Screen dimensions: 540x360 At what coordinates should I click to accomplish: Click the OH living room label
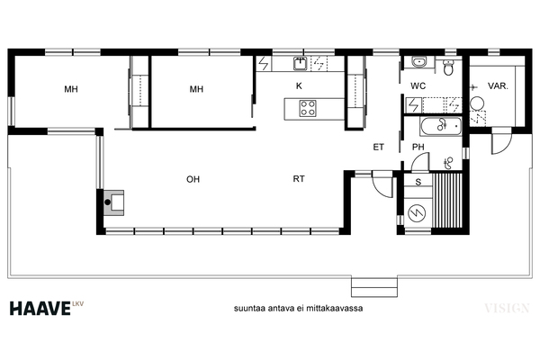pos(193,179)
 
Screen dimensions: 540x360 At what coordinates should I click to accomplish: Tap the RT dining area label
pos(299,179)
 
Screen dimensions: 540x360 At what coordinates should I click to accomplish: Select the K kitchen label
pos(299,85)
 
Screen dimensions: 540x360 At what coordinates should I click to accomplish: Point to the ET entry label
pos(378,147)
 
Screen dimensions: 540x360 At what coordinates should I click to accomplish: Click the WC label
pos(418,85)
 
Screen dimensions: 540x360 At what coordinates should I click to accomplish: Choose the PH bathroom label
pos(418,147)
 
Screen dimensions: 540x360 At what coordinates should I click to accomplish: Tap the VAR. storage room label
pos(498,85)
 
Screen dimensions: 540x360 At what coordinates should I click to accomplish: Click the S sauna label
pos(418,182)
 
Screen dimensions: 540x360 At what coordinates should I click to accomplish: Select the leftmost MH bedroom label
pos(71,89)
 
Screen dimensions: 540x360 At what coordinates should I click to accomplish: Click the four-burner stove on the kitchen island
pos(308,108)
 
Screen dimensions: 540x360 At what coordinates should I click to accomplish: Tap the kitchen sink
pos(301,63)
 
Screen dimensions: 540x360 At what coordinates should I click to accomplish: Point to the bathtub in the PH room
pos(440,126)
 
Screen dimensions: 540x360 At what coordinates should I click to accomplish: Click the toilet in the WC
pos(448,67)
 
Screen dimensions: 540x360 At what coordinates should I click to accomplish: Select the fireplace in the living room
pos(114,202)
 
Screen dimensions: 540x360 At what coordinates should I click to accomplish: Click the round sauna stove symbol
pos(417,213)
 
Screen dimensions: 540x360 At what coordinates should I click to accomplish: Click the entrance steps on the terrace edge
pos(374,286)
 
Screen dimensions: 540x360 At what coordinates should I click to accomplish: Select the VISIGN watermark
pos(507,308)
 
